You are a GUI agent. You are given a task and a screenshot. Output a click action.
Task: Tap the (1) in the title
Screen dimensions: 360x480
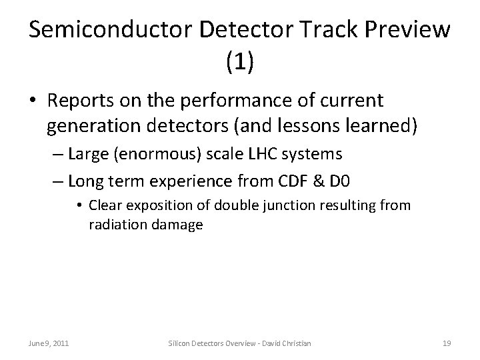coord(240,64)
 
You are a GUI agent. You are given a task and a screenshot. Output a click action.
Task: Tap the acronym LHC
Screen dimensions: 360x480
coord(264,155)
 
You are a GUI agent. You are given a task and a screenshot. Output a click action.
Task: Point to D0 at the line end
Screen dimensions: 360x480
coord(362,179)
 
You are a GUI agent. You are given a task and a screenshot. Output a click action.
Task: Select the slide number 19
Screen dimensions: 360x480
coord(447,343)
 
